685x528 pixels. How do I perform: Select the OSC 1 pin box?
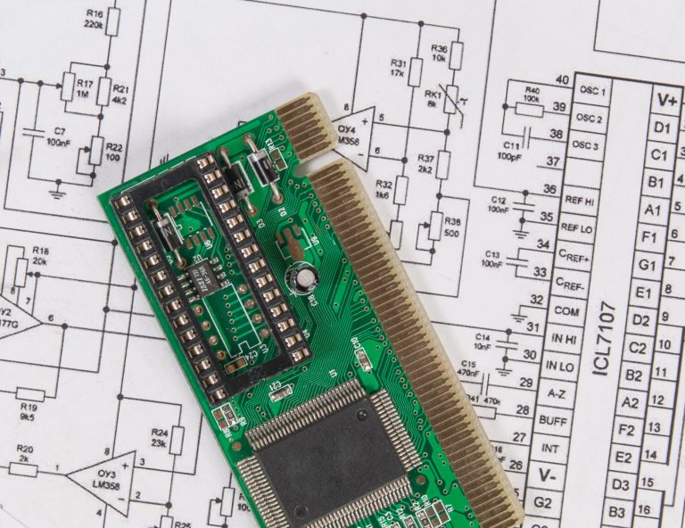click(590, 91)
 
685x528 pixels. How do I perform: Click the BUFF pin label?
click(554, 420)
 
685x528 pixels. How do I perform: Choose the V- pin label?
click(547, 475)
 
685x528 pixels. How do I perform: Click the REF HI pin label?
click(575, 200)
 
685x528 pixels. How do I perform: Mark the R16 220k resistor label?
click(94, 21)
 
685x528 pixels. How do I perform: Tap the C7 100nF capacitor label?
click(59, 136)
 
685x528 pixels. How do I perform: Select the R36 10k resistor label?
click(439, 53)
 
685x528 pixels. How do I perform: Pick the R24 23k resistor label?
click(160, 437)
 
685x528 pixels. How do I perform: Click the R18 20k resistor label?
click(40, 257)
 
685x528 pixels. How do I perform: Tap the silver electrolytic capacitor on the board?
click(306, 279)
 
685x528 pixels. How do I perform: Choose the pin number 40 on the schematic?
click(562, 80)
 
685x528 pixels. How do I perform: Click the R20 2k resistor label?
click(25, 453)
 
